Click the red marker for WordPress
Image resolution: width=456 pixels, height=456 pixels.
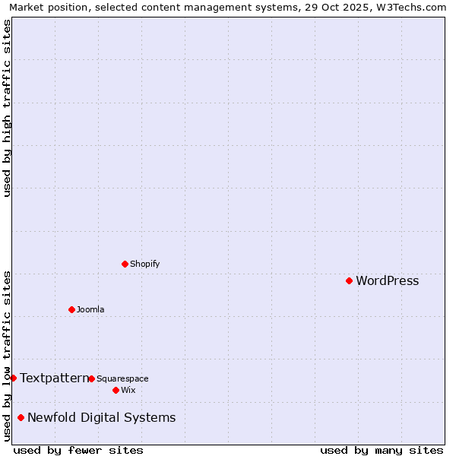(x=349, y=280)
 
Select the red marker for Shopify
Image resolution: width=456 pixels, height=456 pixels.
(x=125, y=264)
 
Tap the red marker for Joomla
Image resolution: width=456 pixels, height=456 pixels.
(x=71, y=309)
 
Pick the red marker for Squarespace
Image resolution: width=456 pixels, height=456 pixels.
(x=91, y=378)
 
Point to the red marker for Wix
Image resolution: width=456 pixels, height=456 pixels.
(x=116, y=390)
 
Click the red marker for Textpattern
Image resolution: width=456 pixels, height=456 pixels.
(x=13, y=378)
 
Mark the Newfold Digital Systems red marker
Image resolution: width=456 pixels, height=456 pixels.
(x=21, y=417)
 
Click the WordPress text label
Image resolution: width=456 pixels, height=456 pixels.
(x=387, y=280)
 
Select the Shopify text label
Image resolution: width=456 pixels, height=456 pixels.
(x=144, y=264)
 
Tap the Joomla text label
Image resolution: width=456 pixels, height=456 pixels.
(x=90, y=309)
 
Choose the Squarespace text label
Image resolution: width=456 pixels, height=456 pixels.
(x=122, y=378)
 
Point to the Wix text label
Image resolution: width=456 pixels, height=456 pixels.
(x=128, y=390)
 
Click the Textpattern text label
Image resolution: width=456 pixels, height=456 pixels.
(x=54, y=378)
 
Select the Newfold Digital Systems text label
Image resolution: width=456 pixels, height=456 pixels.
(x=101, y=417)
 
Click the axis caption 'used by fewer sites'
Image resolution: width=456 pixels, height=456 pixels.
(x=78, y=450)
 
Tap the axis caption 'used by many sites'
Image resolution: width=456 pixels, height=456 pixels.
(x=382, y=450)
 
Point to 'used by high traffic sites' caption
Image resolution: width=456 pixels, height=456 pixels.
(x=7, y=108)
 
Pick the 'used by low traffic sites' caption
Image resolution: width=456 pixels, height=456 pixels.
(x=7, y=356)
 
